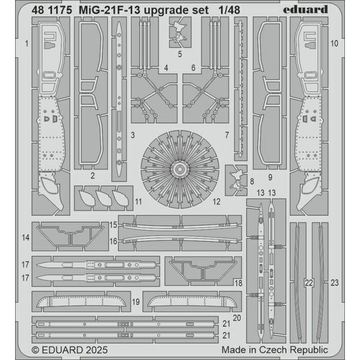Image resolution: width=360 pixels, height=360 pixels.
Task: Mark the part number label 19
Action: coord(135,302)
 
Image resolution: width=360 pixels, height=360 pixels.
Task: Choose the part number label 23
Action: coord(334,283)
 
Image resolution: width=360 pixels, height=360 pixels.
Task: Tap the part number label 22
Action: coord(308,283)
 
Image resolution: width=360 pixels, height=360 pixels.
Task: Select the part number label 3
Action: coord(132,135)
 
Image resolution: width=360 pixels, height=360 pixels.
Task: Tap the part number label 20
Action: coord(237,317)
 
